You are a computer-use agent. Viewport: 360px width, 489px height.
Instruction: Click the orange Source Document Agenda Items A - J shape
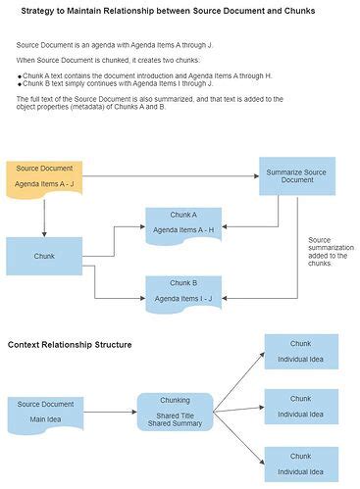point(44,175)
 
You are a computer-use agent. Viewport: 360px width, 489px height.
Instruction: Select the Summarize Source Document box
point(296,176)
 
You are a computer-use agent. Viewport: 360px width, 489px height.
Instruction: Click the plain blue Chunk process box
point(44,256)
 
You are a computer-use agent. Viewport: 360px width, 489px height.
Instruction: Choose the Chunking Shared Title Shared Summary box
point(175,413)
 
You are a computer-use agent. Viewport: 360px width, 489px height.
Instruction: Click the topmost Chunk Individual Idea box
point(300,351)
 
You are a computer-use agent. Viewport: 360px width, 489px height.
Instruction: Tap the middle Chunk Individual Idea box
point(300,406)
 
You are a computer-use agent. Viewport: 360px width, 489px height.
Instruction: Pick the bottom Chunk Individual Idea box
point(300,462)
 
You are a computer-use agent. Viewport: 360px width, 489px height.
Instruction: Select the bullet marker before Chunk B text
point(19,83)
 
